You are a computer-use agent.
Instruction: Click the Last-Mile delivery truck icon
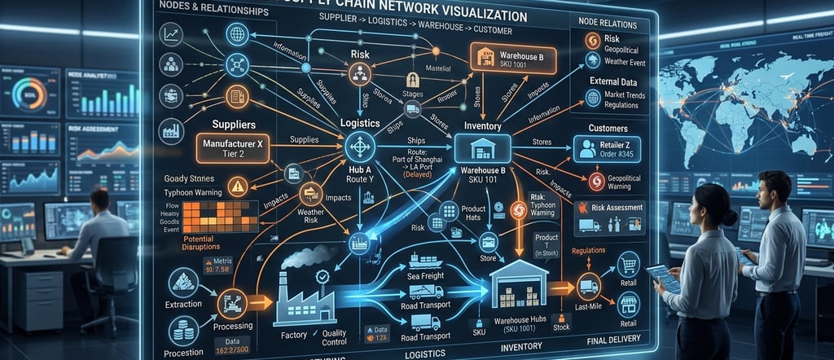pyautogui.click(x=589, y=287)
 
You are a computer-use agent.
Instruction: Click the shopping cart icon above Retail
pyautogui.click(x=628, y=262)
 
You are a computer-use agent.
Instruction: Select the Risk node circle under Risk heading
pyautogui.click(x=359, y=75)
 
